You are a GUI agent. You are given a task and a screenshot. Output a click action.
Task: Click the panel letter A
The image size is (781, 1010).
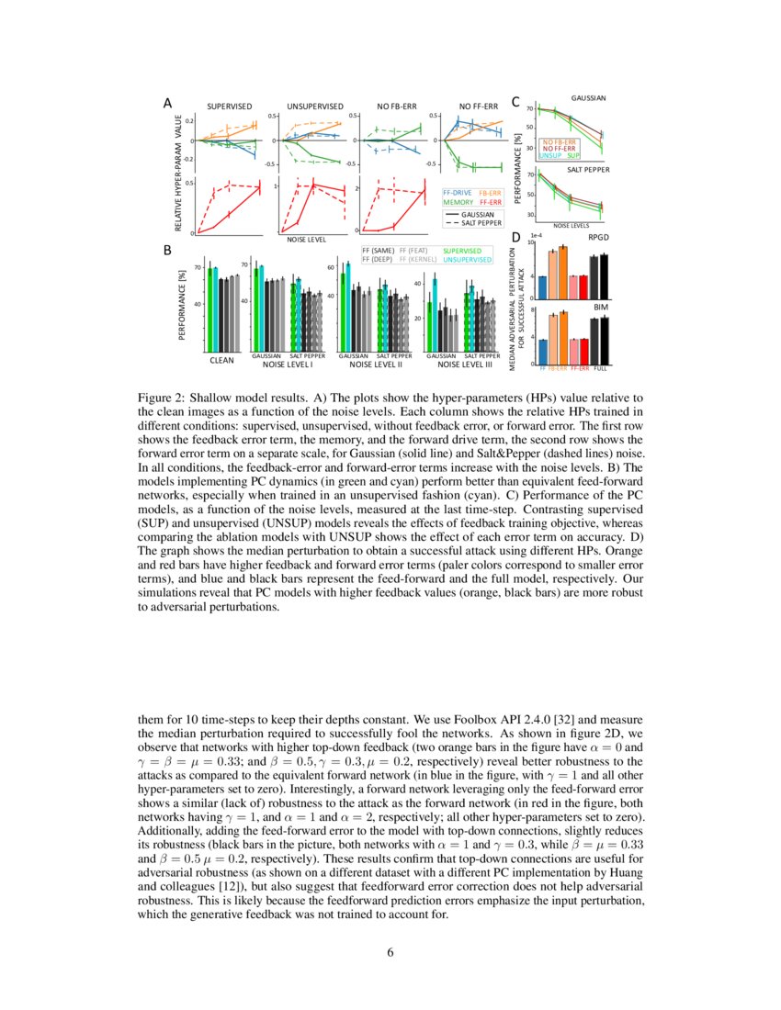[x=167, y=104]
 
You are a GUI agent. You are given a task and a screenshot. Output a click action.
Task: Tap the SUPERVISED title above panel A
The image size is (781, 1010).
[x=229, y=107]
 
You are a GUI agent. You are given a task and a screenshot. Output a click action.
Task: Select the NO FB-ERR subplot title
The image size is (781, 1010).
[x=397, y=107]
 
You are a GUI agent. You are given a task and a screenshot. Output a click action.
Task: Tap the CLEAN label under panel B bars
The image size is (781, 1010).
[x=221, y=361]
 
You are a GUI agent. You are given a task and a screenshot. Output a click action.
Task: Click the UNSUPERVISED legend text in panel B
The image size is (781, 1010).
[x=468, y=259]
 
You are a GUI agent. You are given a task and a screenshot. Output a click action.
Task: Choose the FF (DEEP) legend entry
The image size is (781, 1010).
[x=379, y=259]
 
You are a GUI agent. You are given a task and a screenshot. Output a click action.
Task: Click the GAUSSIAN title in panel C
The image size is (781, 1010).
[x=588, y=97]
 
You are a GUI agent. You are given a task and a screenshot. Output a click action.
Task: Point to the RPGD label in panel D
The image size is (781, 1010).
[x=597, y=237]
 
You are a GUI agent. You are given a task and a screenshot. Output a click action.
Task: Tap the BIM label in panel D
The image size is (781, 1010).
[x=601, y=305]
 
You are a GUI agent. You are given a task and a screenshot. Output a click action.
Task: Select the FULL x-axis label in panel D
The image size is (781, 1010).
[x=601, y=367]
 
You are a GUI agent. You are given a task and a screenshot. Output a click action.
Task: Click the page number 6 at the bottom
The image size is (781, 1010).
[x=390, y=951]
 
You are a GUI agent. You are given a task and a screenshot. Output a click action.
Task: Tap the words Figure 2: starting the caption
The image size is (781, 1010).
[x=162, y=398]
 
